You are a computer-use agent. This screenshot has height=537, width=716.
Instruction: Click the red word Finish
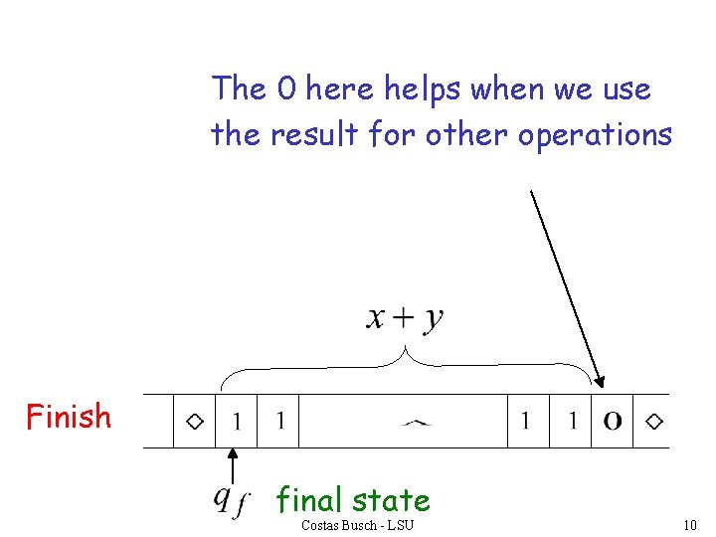[x=69, y=416]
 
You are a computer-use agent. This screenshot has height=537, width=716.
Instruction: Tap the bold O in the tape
[x=613, y=422]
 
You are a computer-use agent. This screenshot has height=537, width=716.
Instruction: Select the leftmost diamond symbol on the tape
[x=196, y=422]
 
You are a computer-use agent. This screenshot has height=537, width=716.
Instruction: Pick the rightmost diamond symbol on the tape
[x=653, y=422]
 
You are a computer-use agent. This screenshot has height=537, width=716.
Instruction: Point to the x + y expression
[x=406, y=317]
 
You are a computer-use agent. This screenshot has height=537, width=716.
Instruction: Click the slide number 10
[x=692, y=524]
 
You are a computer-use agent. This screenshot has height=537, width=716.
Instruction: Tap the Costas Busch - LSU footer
[x=357, y=524]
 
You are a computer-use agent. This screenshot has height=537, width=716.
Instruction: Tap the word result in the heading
[x=315, y=134]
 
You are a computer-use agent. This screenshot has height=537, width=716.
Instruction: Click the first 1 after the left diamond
[x=237, y=422]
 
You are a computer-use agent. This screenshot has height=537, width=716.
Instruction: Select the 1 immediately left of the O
[x=573, y=422]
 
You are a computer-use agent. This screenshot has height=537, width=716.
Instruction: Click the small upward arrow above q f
[x=232, y=464]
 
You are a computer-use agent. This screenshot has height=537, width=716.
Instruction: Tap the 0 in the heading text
[x=286, y=89]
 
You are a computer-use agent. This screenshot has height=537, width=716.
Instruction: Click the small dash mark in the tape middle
[x=416, y=423]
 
